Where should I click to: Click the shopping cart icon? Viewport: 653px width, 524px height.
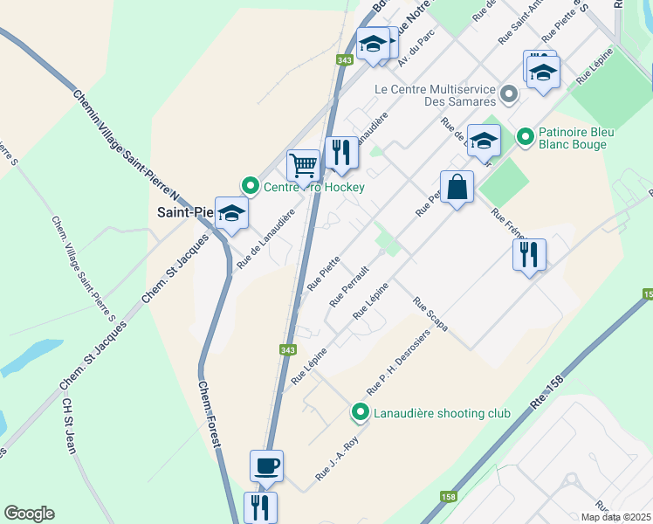303,164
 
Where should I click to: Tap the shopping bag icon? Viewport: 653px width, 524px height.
457,187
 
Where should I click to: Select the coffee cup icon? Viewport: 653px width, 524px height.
266,465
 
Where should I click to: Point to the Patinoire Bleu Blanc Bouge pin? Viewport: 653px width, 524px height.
526,137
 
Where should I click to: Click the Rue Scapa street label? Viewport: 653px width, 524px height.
431,316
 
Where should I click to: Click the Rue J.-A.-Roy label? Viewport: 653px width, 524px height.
336,463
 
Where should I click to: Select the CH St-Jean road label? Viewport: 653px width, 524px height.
68,427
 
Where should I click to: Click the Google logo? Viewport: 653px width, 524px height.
29,514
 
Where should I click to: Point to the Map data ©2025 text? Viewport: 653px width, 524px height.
615,517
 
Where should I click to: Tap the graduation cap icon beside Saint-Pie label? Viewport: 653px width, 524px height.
232,214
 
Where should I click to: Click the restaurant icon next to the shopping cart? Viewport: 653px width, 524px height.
341,154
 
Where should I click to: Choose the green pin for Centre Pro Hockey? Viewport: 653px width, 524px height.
251,186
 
